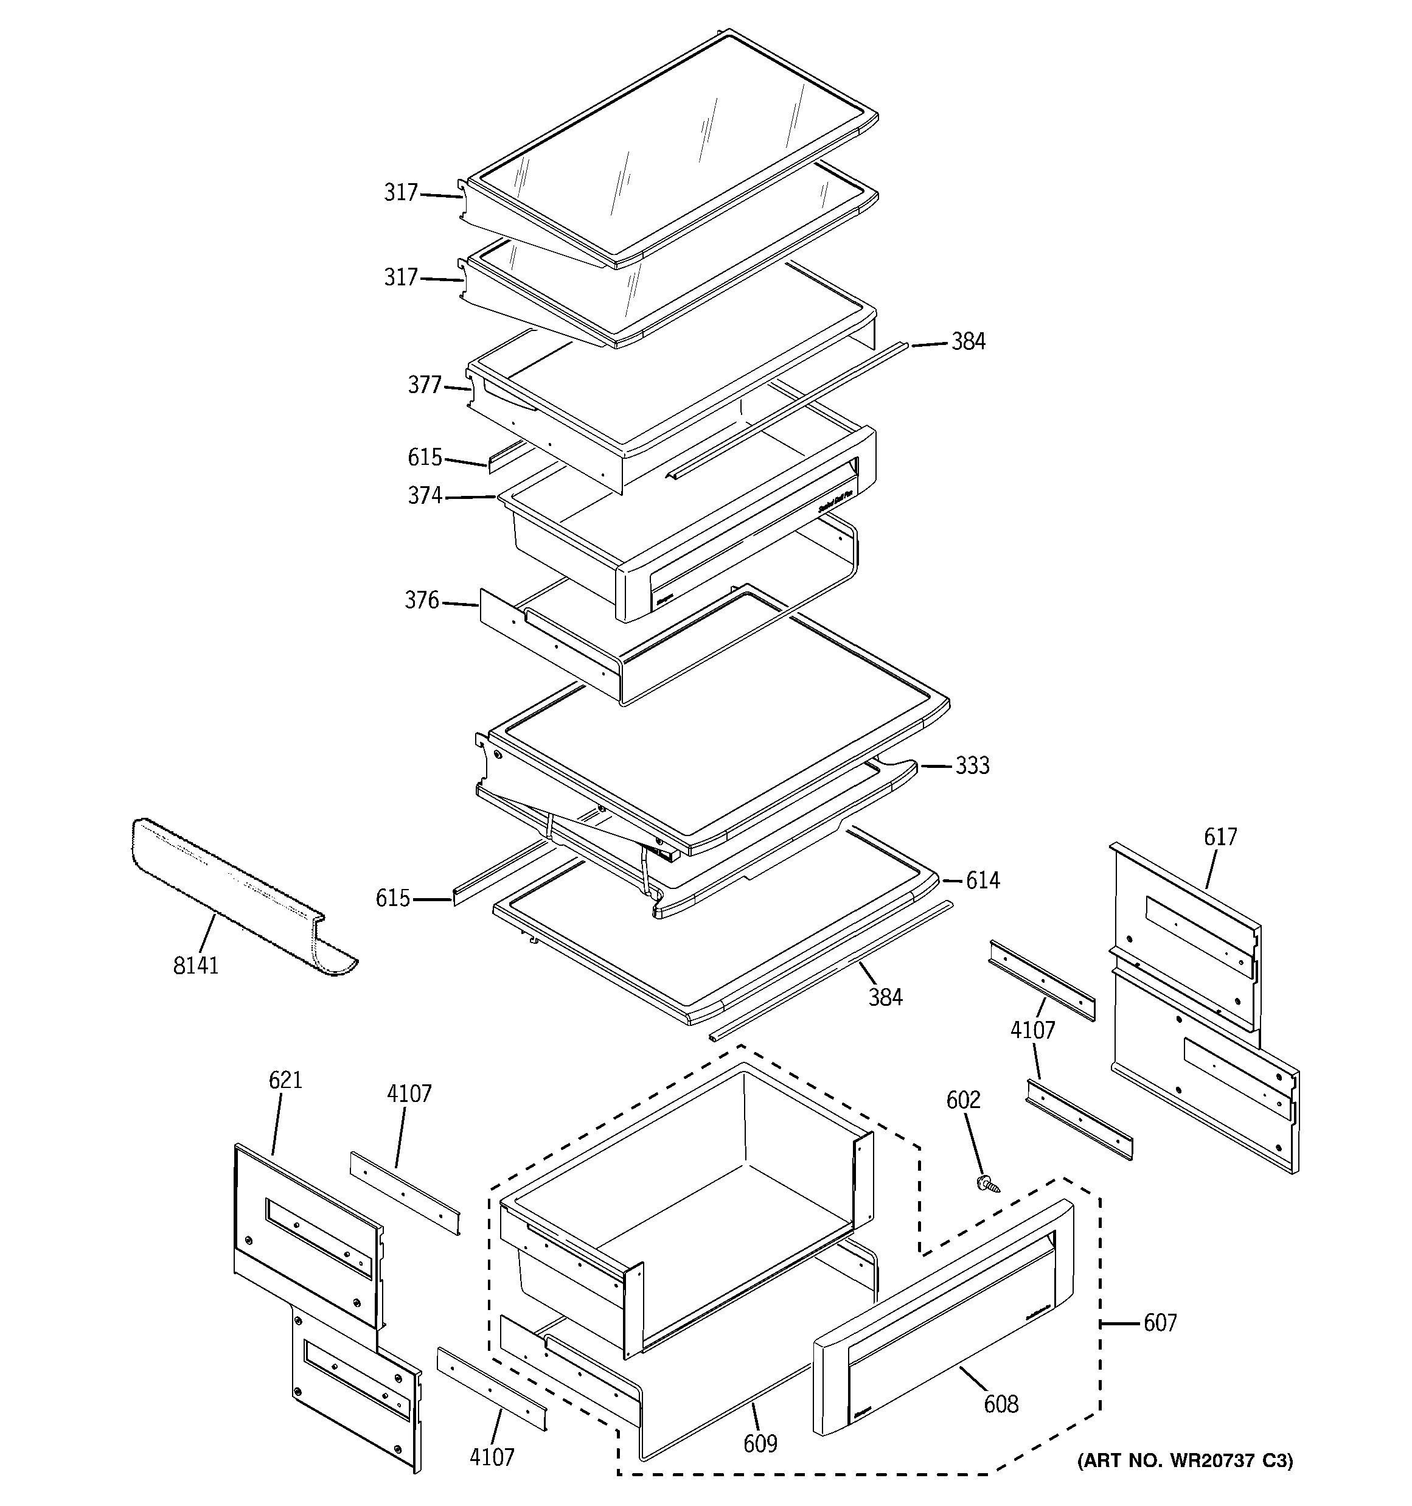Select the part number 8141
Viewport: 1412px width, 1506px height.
click(x=195, y=965)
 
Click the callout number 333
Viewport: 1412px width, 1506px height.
click(x=972, y=766)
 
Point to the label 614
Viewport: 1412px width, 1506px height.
click(x=982, y=880)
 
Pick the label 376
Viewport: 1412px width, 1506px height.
click(x=422, y=601)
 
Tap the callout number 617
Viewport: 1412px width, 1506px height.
click(x=1220, y=837)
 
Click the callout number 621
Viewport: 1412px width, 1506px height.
click(x=285, y=1079)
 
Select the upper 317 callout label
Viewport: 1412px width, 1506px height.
click(x=401, y=193)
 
